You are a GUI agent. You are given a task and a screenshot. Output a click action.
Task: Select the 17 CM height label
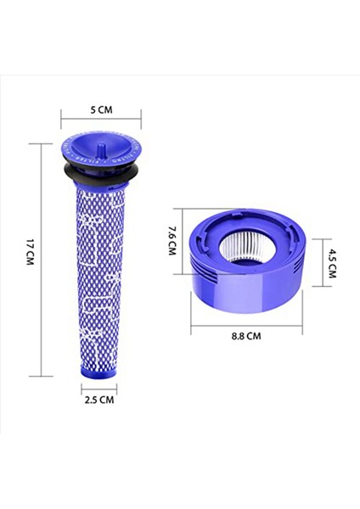click(x=29, y=255)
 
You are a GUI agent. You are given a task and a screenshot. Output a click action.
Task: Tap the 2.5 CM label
click(x=99, y=400)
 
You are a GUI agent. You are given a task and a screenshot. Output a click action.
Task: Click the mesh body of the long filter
click(x=98, y=271)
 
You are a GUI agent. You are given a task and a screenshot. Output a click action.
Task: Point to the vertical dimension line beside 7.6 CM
click(x=183, y=241)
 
